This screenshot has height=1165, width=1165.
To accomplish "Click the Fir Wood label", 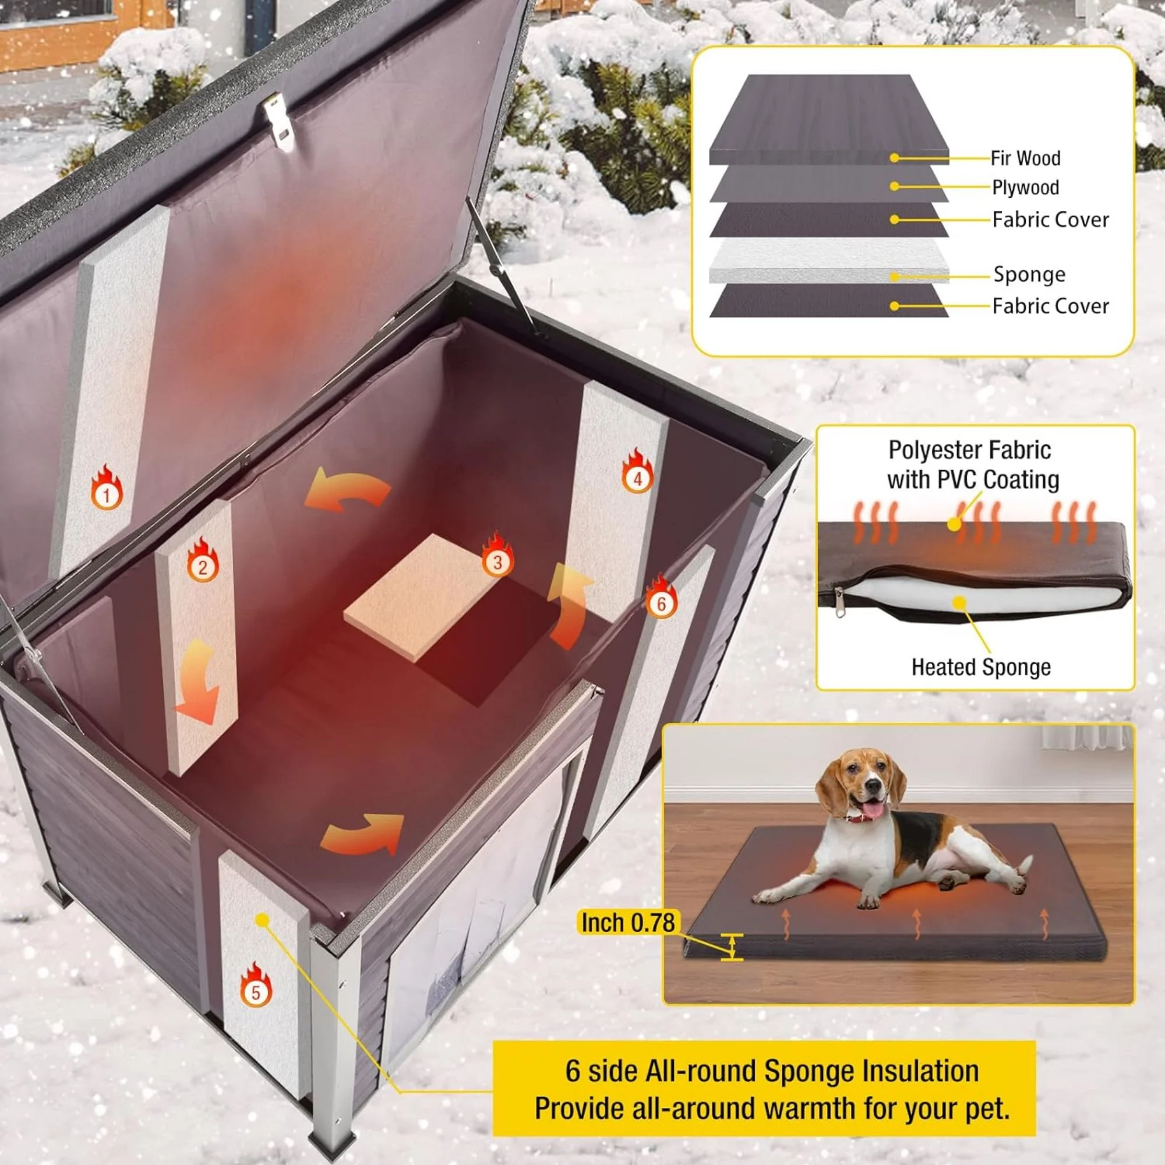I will pos(1025,158).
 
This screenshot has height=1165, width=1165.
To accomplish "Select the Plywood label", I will pos(1025,188).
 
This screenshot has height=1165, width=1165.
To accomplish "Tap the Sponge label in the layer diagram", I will pos(1029,275).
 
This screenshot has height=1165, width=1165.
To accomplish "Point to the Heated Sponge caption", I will pos(980,667).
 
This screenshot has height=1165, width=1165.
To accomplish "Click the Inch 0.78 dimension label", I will pos(627,923).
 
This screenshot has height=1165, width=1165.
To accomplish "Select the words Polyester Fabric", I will pos(970,450).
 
